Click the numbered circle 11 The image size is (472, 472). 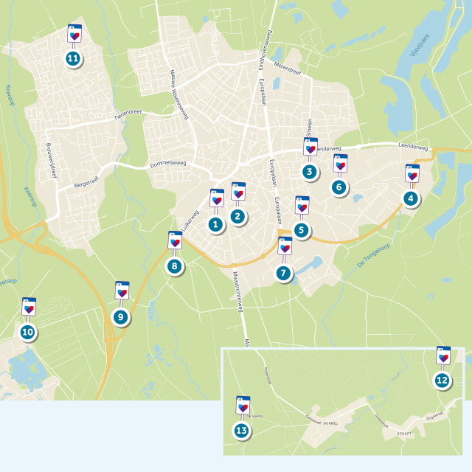click(73, 58)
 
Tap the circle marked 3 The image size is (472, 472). click(310, 173)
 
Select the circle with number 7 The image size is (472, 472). click(284, 272)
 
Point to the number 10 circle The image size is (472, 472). click(28, 333)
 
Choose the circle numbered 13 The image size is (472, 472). click(242, 431)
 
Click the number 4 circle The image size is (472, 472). click(411, 198)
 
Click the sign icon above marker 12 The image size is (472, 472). click(443, 355)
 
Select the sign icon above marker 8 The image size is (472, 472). click(176, 240)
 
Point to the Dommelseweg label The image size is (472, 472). click(169, 164)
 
